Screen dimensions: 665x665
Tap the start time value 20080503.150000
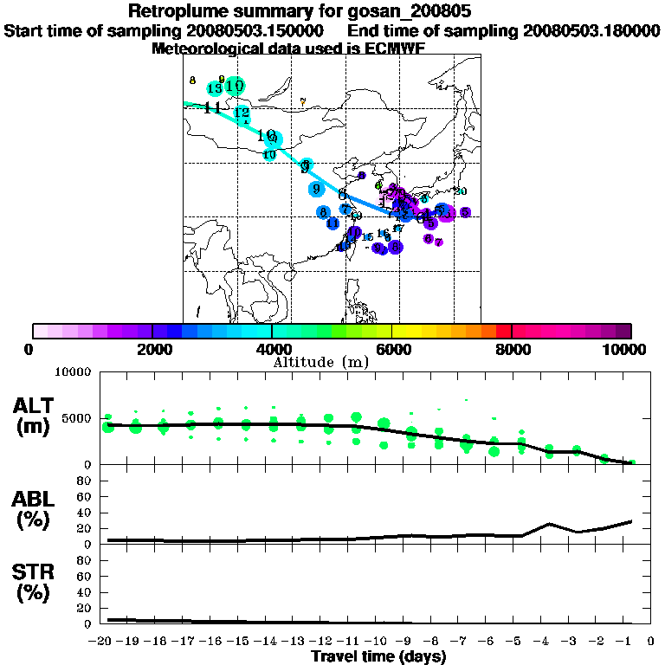(255, 30)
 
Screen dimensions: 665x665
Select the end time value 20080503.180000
(591, 30)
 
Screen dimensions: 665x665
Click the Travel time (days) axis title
(378, 656)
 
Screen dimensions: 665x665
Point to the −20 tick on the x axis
(103, 641)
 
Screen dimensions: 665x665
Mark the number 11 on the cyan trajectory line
(211, 107)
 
